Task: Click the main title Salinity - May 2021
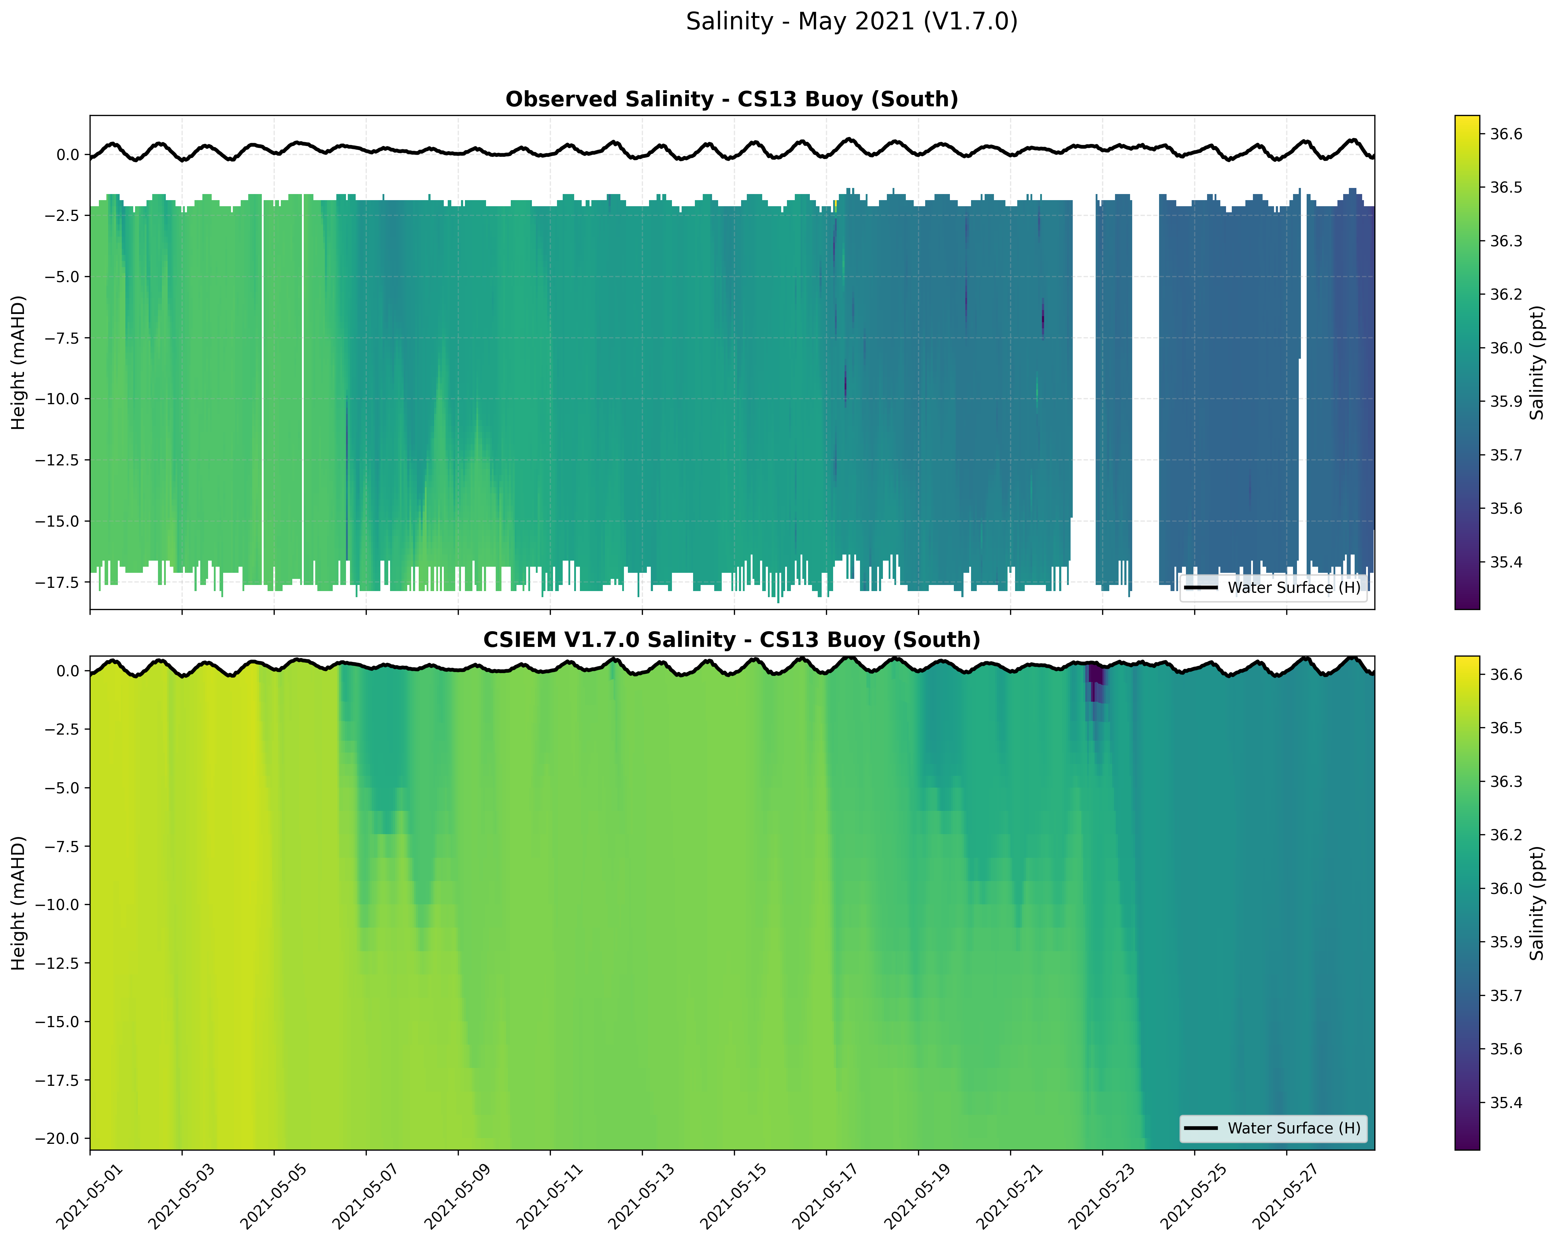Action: (851, 21)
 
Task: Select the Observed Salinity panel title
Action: (731, 100)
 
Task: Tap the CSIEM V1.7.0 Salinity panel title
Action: (731, 640)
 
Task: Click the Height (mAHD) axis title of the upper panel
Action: (19, 362)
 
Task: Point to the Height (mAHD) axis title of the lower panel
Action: (19, 903)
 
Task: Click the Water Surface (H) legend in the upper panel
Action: (1273, 587)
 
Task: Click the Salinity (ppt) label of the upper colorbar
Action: (1537, 362)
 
